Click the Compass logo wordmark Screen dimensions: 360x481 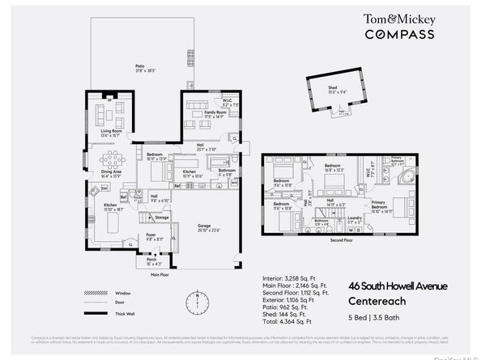point(398,34)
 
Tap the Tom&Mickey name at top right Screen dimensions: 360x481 point(398,18)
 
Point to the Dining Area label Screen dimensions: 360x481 point(112,173)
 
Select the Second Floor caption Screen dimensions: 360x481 point(341,239)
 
